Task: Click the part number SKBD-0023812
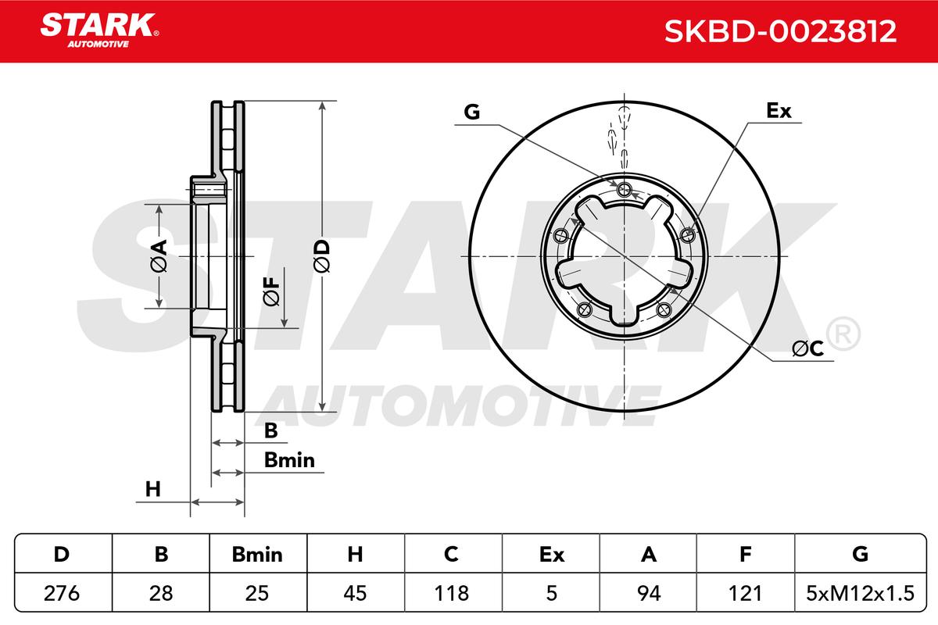coord(780,31)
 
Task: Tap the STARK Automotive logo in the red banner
coord(99,30)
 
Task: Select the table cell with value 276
coord(62,593)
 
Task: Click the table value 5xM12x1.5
coord(860,593)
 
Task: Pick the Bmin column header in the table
coord(257,555)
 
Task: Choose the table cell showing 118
coord(452,593)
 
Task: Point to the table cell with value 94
coord(649,593)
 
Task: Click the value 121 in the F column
coord(746,593)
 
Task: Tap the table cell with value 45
coord(355,593)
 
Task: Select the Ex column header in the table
coord(552,555)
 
